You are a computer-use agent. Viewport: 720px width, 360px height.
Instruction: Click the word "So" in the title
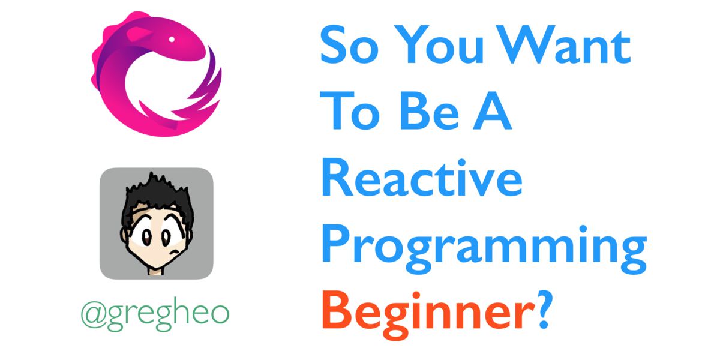(349, 44)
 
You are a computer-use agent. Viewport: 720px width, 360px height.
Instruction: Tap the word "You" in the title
(439, 44)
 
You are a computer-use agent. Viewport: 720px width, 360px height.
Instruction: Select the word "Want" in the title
(563, 44)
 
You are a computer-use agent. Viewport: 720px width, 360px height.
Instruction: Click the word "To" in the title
(350, 110)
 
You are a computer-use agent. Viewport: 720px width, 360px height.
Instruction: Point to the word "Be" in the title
(430, 110)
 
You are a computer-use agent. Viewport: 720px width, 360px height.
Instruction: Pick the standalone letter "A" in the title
(493, 110)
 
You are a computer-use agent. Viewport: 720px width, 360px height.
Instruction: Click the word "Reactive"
(422, 177)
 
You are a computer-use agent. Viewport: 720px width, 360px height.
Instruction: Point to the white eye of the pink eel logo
(172, 39)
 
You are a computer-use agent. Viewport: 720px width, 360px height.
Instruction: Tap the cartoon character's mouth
(174, 251)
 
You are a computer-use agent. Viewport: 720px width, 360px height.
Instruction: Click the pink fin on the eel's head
(137, 34)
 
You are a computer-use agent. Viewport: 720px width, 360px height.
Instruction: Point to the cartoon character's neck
(156, 271)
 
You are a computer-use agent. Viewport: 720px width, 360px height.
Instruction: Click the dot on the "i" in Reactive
(462, 163)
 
